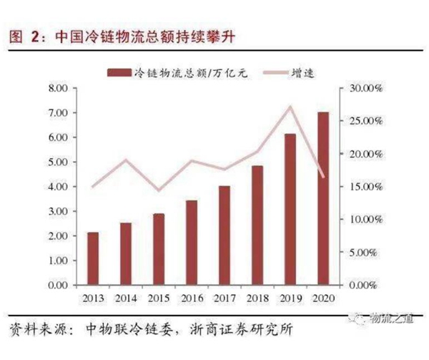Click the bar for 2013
[93, 258]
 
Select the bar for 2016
[192, 243]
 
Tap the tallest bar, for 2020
[323, 198]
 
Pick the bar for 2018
[257, 225]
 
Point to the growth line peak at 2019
[290, 107]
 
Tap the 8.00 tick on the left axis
[57, 88]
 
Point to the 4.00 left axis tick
[57, 186]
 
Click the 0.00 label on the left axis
[57, 285]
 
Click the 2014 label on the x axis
[126, 298]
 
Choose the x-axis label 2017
[225, 298]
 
